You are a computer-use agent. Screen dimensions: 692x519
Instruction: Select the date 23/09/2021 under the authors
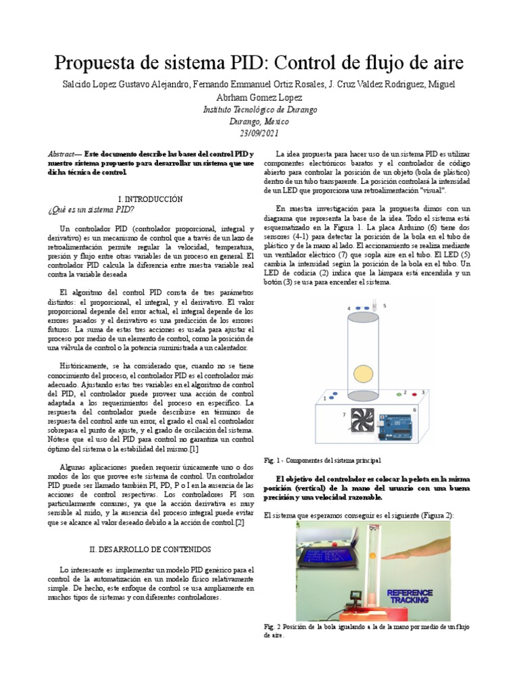pyautogui.click(x=259, y=134)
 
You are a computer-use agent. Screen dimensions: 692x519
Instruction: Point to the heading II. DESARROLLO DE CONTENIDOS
pyautogui.click(x=150, y=549)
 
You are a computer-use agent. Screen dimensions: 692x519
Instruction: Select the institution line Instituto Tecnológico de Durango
pyautogui.click(x=259, y=110)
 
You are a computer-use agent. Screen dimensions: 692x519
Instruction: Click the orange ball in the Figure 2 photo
pyautogui.click(x=372, y=556)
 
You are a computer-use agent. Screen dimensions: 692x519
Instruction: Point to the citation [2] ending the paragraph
pyautogui.click(x=240, y=522)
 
